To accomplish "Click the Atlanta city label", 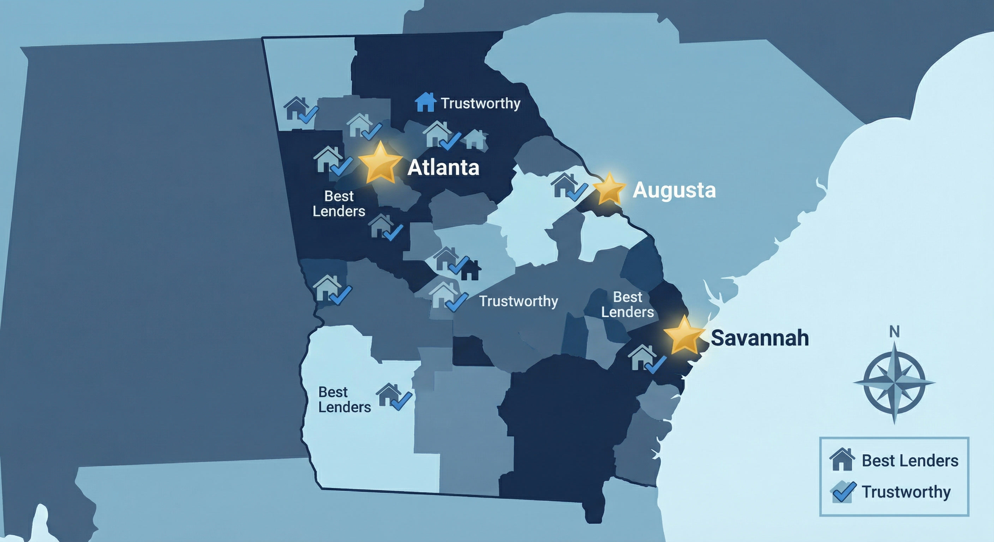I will click(x=443, y=167).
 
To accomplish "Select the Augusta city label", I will click(x=674, y=190).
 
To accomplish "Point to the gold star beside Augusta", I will click(x=609, y=189).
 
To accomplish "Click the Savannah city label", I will click(x=759, y=338).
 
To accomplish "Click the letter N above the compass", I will click(x=894, y=331).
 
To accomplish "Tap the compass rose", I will click(x=894, y=383).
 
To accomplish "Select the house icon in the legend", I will click(x=842, y=459).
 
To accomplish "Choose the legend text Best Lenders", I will click(x=910, y=460).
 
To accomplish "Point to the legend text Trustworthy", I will click(x=906, y=492).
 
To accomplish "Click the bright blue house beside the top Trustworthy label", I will click(x=425, y=102).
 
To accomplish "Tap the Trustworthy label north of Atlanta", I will click(x=480, y=103).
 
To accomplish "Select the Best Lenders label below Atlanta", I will click(x=339, y=204).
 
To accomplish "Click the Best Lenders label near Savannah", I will click(x=627, y=305).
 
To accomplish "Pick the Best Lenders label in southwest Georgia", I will click(x=344, y=400).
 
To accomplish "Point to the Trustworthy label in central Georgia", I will click(x=518, y=301).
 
